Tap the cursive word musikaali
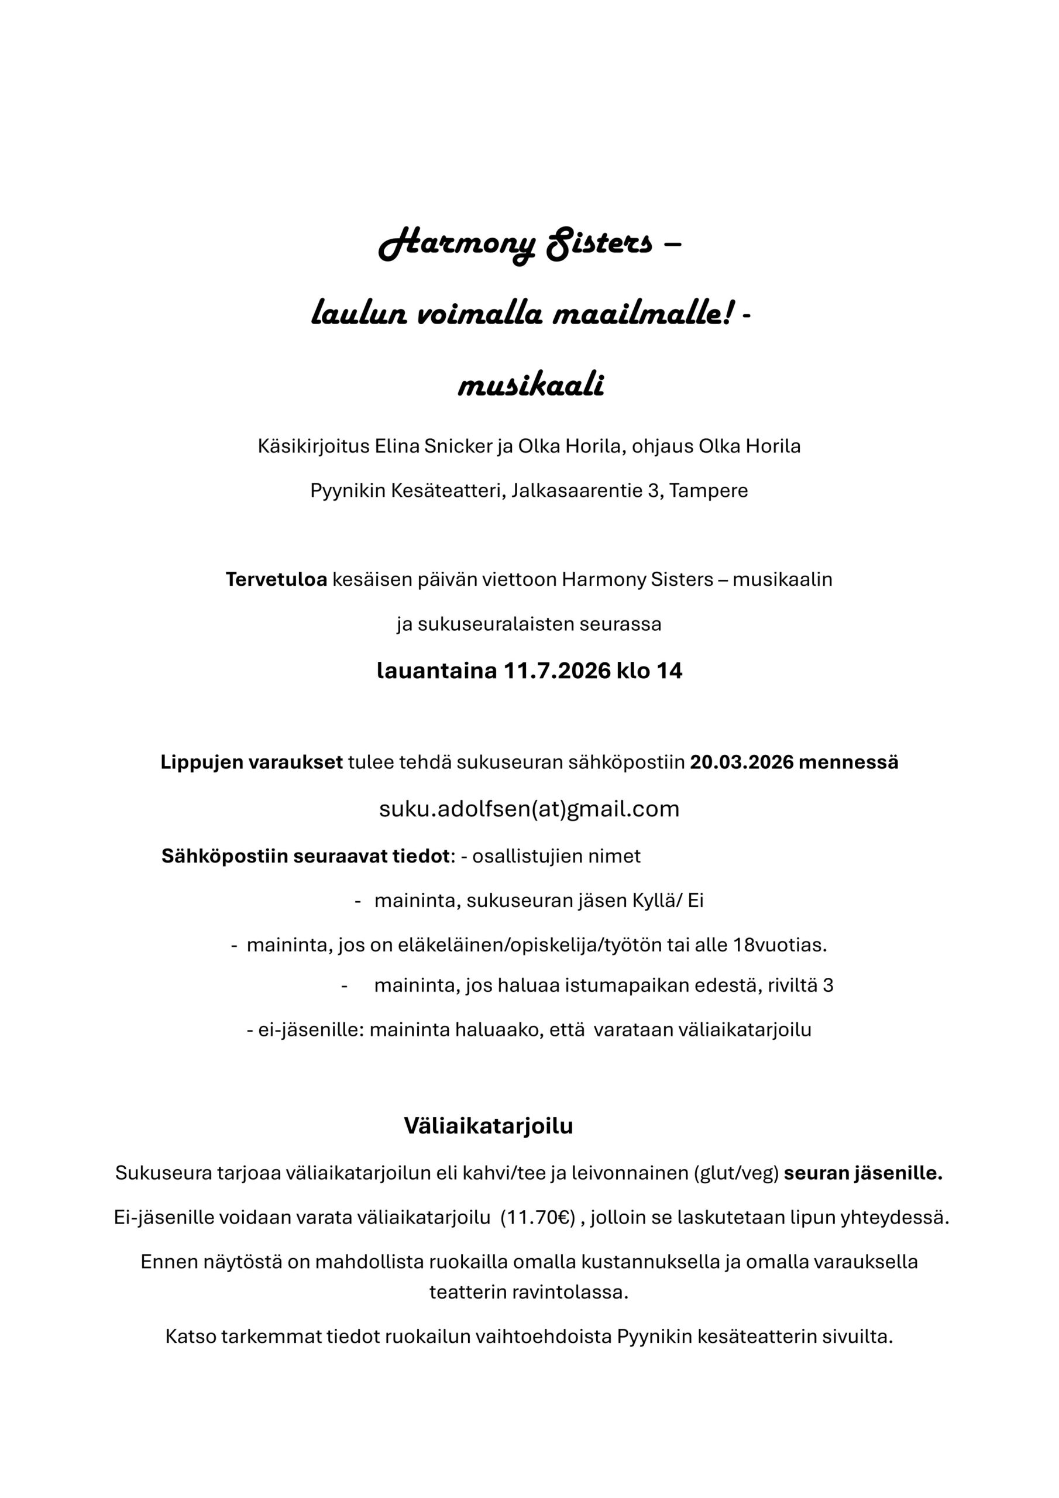coord(531,385)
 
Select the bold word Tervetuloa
coord(276,579)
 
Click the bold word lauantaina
coord(436,671)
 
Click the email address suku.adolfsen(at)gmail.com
coord(529,809)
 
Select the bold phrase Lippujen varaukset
coord(252,762)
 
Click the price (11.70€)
coord(538,1218)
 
